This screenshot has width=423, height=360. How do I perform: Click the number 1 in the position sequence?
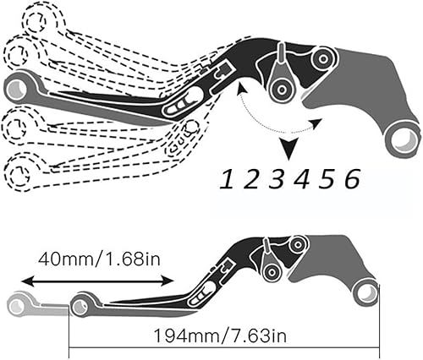click(x=228, y=178)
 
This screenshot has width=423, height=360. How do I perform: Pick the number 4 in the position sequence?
click(x=302, y=178)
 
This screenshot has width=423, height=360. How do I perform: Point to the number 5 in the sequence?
click(x=327, y=178)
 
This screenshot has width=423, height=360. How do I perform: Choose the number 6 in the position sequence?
click(x=352, y=178)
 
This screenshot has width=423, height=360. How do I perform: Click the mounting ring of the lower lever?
click(x=365, y=292)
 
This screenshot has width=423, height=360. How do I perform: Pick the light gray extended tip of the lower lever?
click(x=22, y=302)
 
